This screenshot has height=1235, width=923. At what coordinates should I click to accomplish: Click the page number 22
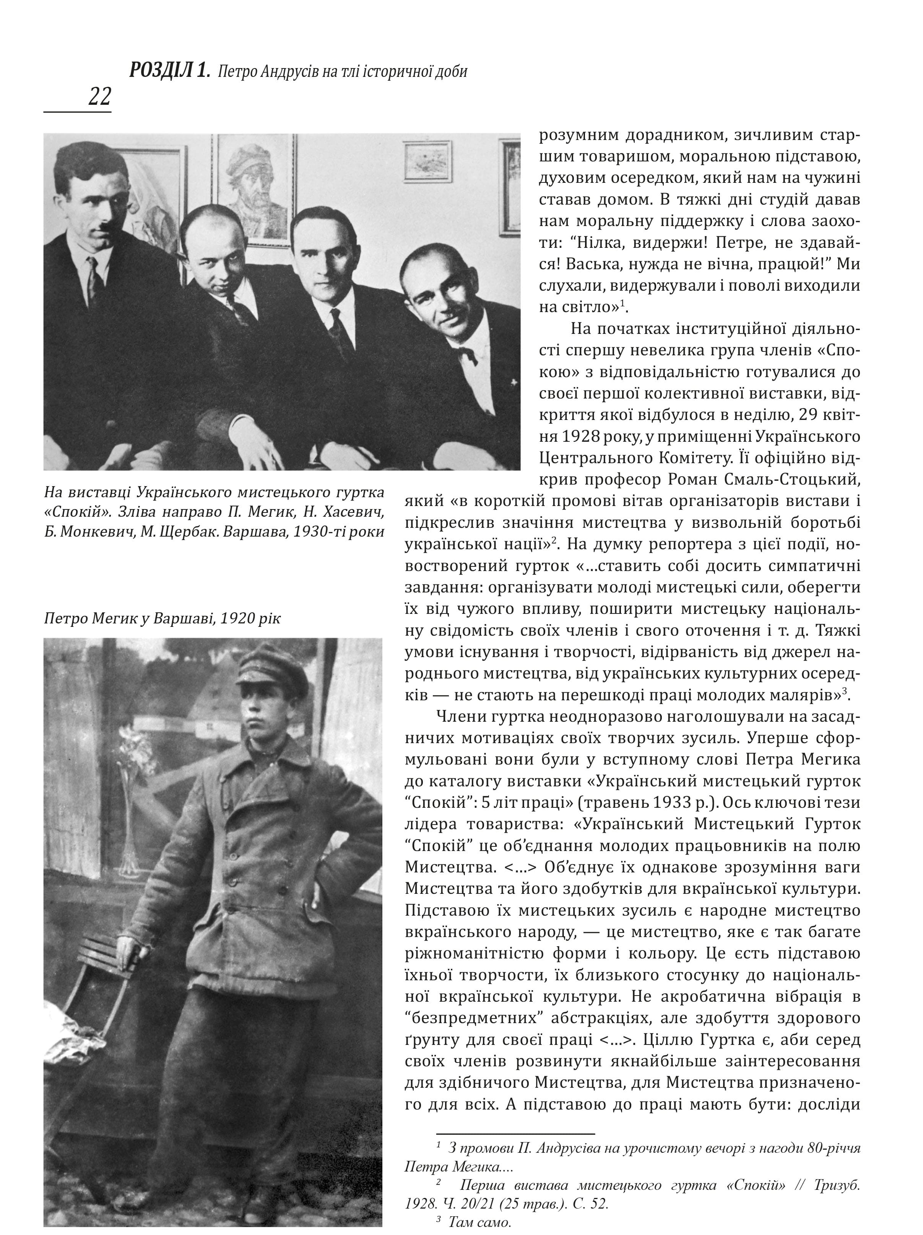99,97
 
